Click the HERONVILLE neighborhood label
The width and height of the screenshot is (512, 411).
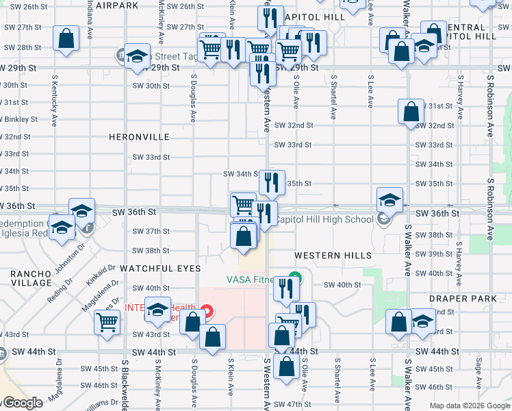pyautogui.click(x=139, y=137)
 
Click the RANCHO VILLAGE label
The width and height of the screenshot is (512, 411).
pyautogui.click(x=31, y=278)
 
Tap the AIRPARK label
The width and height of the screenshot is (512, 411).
pyautogui.click(x=117, y=5)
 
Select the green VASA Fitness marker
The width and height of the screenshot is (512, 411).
pyautogui.click(x=294, y=279)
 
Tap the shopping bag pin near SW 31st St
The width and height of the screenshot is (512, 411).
pyautogui.click(x=410, y=112)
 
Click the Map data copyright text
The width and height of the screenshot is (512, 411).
pyautogui.click(x=470, y=406)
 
